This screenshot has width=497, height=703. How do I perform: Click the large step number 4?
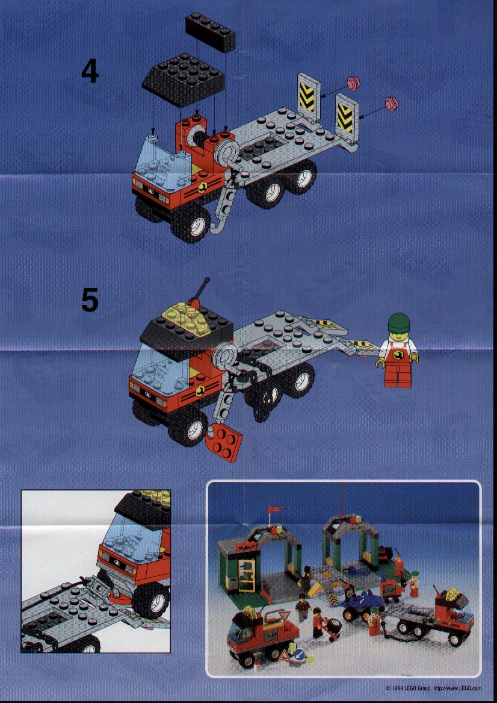pos(90,72)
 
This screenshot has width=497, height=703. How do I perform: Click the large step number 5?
pos(90,300)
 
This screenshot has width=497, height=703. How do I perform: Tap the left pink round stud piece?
pos(353,83)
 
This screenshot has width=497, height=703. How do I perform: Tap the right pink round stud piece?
pos(392,103)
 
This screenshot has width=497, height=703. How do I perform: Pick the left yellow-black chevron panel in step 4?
pos(308,95)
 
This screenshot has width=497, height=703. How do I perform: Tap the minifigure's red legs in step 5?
pos(398,376)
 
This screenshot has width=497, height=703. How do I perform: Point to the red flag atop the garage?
pos(275,509)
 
